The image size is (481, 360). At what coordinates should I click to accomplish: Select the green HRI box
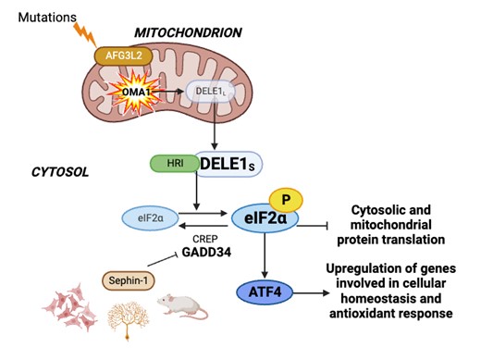click(x=173, y=163)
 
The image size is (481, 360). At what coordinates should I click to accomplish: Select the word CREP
click(x=207, y=237)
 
